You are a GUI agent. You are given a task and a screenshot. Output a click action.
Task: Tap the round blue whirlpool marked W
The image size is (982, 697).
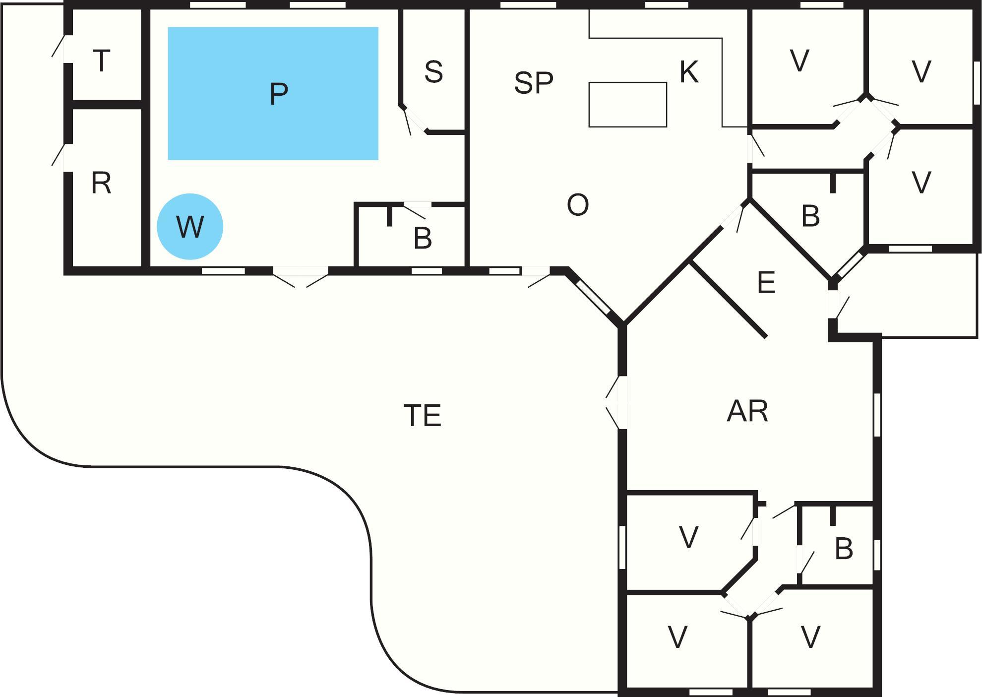190,227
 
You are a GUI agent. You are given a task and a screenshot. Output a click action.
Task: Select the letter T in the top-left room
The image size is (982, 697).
102,61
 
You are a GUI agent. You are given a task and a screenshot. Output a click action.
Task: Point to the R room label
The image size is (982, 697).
101,183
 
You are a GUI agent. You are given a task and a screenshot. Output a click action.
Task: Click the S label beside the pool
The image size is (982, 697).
433,72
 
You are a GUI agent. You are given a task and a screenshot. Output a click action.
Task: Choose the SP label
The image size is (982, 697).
533,83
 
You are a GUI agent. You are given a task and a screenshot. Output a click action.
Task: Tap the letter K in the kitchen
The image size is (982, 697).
689,72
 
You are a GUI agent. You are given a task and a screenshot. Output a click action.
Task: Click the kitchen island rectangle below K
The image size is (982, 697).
627,105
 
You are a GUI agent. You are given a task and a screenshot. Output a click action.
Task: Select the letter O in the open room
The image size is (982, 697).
577,205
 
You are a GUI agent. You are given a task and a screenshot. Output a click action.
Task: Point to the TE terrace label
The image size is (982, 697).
423,415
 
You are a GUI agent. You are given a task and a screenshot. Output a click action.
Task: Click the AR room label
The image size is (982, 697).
747,411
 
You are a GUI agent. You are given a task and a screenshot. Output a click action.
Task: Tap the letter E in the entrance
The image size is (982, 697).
766,283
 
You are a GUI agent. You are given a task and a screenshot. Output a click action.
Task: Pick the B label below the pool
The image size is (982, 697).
423,238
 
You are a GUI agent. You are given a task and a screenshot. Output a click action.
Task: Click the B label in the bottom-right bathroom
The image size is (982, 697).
844,548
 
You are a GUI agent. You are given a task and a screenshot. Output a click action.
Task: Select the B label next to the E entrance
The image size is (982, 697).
810,216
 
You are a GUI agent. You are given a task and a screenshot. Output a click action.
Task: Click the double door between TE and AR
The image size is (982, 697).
618,402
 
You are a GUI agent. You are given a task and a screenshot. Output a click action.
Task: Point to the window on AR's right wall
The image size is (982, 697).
877,415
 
